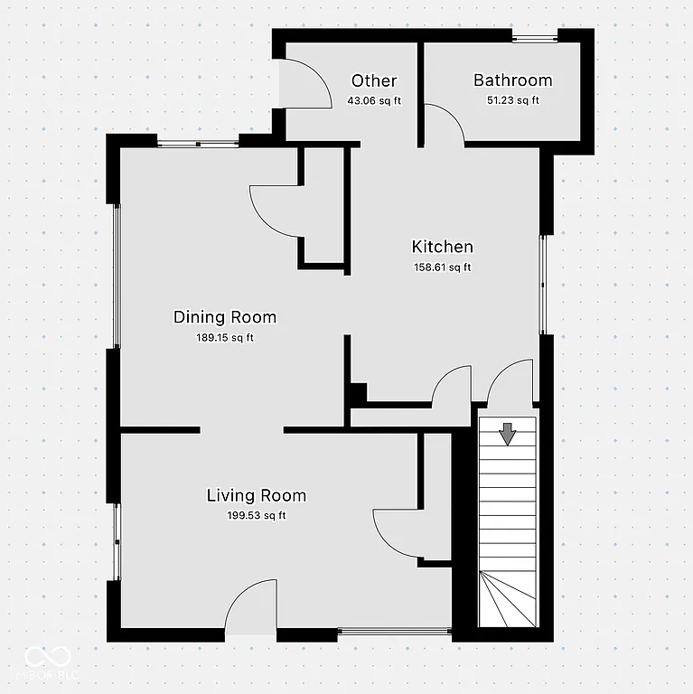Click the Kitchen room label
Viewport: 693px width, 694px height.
tap(442, 247)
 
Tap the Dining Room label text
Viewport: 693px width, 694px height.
tap(225, 317)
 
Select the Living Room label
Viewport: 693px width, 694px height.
tap(257, 495)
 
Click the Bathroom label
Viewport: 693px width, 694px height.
tap(512, 80)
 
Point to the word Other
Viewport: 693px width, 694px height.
tap(374, 81)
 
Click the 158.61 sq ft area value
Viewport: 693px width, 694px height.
tap(442, 267)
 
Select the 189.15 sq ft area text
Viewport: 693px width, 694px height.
tap(225, 338)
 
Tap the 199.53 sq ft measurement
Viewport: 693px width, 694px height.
tap(257, 516)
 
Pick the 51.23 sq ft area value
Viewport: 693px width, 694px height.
tap(512, 100)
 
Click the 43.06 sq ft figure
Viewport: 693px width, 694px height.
tap(374, 100)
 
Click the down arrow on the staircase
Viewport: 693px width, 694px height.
tap(508, 434)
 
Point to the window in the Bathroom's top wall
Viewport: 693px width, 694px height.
tap(535, 38)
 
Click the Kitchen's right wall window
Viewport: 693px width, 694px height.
tap(543, 285)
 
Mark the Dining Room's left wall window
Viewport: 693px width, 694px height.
tap(117, 276)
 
